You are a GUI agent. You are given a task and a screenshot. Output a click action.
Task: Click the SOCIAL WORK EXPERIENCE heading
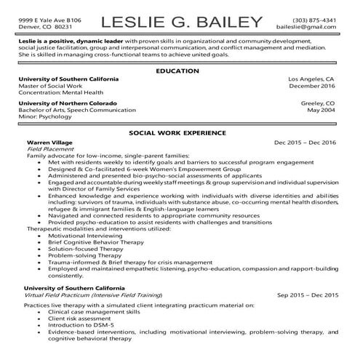coord(180,134)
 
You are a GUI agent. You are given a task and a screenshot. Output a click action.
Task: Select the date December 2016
coord(311,86)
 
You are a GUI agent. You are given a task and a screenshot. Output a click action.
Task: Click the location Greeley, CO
coord(318,103)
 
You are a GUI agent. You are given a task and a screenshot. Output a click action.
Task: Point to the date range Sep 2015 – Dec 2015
coord(308,296)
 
